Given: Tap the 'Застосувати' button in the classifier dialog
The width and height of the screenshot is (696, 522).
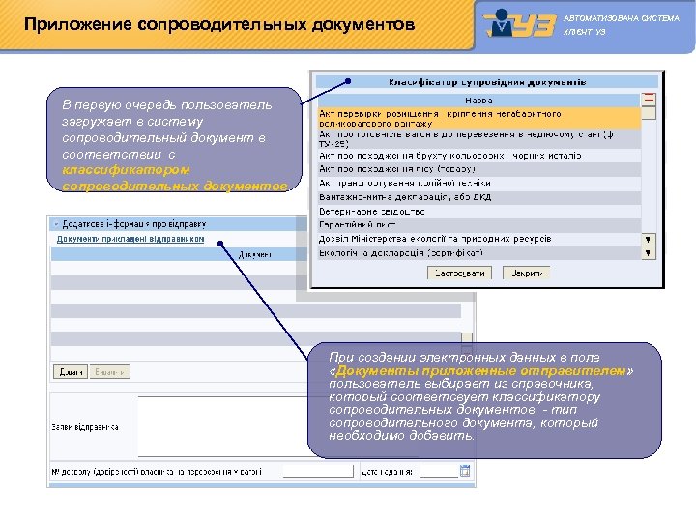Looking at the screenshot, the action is pos(460,274).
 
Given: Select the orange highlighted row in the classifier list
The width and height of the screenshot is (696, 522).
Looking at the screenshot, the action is pos(478,118).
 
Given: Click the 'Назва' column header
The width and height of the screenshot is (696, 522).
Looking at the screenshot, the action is pos(478,100).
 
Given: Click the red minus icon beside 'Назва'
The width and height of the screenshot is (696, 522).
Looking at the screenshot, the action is pos(649,99).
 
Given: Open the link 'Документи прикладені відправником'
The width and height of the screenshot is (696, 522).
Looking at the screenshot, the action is pos(130,238).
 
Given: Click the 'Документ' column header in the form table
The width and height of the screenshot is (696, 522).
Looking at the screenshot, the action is pos(255,254).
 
